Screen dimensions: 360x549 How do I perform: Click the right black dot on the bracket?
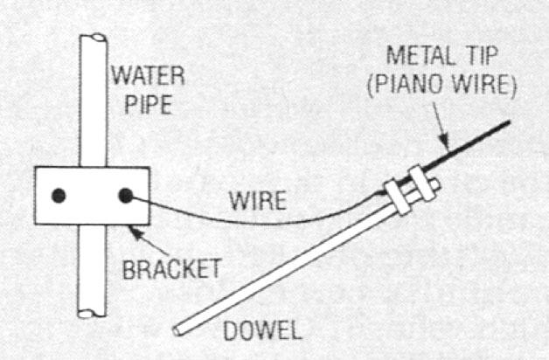125,195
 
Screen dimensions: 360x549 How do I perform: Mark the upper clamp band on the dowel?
425,184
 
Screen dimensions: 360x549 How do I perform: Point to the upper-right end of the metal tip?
506,122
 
